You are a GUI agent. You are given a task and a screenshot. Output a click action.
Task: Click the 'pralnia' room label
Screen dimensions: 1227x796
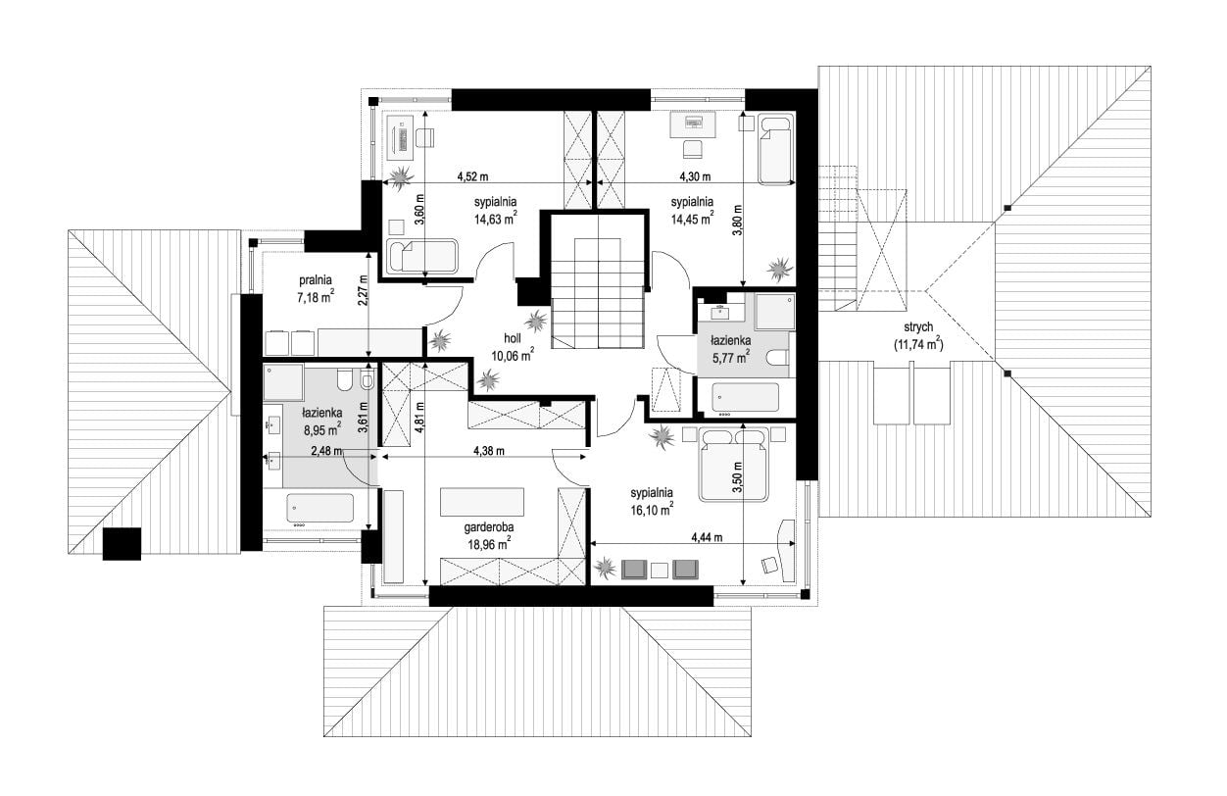pos(315,280)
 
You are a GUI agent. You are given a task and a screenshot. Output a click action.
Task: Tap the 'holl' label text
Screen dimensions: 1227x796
pos(513,338)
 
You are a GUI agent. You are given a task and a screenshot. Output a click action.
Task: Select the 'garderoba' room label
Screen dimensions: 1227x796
pos(489,527)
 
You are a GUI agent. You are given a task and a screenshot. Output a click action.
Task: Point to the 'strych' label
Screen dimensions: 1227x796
pos(918,327)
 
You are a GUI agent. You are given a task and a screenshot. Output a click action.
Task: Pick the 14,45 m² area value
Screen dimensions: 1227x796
pos(692,218)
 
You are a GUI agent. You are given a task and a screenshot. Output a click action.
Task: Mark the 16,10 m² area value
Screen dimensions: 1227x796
pos(652,509)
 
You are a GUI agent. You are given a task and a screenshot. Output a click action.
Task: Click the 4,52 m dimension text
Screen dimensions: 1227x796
pos(472,176)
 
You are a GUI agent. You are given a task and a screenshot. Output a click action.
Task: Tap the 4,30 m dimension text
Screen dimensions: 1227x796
pos(695,176)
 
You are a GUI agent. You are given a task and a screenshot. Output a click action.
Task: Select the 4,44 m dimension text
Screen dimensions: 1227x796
pos(707,537)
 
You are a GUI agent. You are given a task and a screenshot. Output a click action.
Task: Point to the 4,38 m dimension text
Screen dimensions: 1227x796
pos(489,451)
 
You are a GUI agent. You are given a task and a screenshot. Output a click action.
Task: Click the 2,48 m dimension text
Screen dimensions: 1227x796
pos(326,451)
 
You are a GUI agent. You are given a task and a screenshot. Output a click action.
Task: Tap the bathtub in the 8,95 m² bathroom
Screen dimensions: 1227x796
pos(320,508)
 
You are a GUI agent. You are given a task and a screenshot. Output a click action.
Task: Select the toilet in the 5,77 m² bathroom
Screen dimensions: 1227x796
pos(778,358)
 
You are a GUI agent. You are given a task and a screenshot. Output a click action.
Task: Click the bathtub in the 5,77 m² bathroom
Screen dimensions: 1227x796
pos(745,397)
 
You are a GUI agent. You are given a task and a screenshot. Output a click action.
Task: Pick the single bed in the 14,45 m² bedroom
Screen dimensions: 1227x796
pos(775,148)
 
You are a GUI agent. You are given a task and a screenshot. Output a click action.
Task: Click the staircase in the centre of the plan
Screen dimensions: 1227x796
pos(597,293)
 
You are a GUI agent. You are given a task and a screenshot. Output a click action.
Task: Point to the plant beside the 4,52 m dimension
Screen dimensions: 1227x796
pos(401,177)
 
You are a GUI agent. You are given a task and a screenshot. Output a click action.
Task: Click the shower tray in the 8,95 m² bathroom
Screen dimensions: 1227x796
pos(283,382)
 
